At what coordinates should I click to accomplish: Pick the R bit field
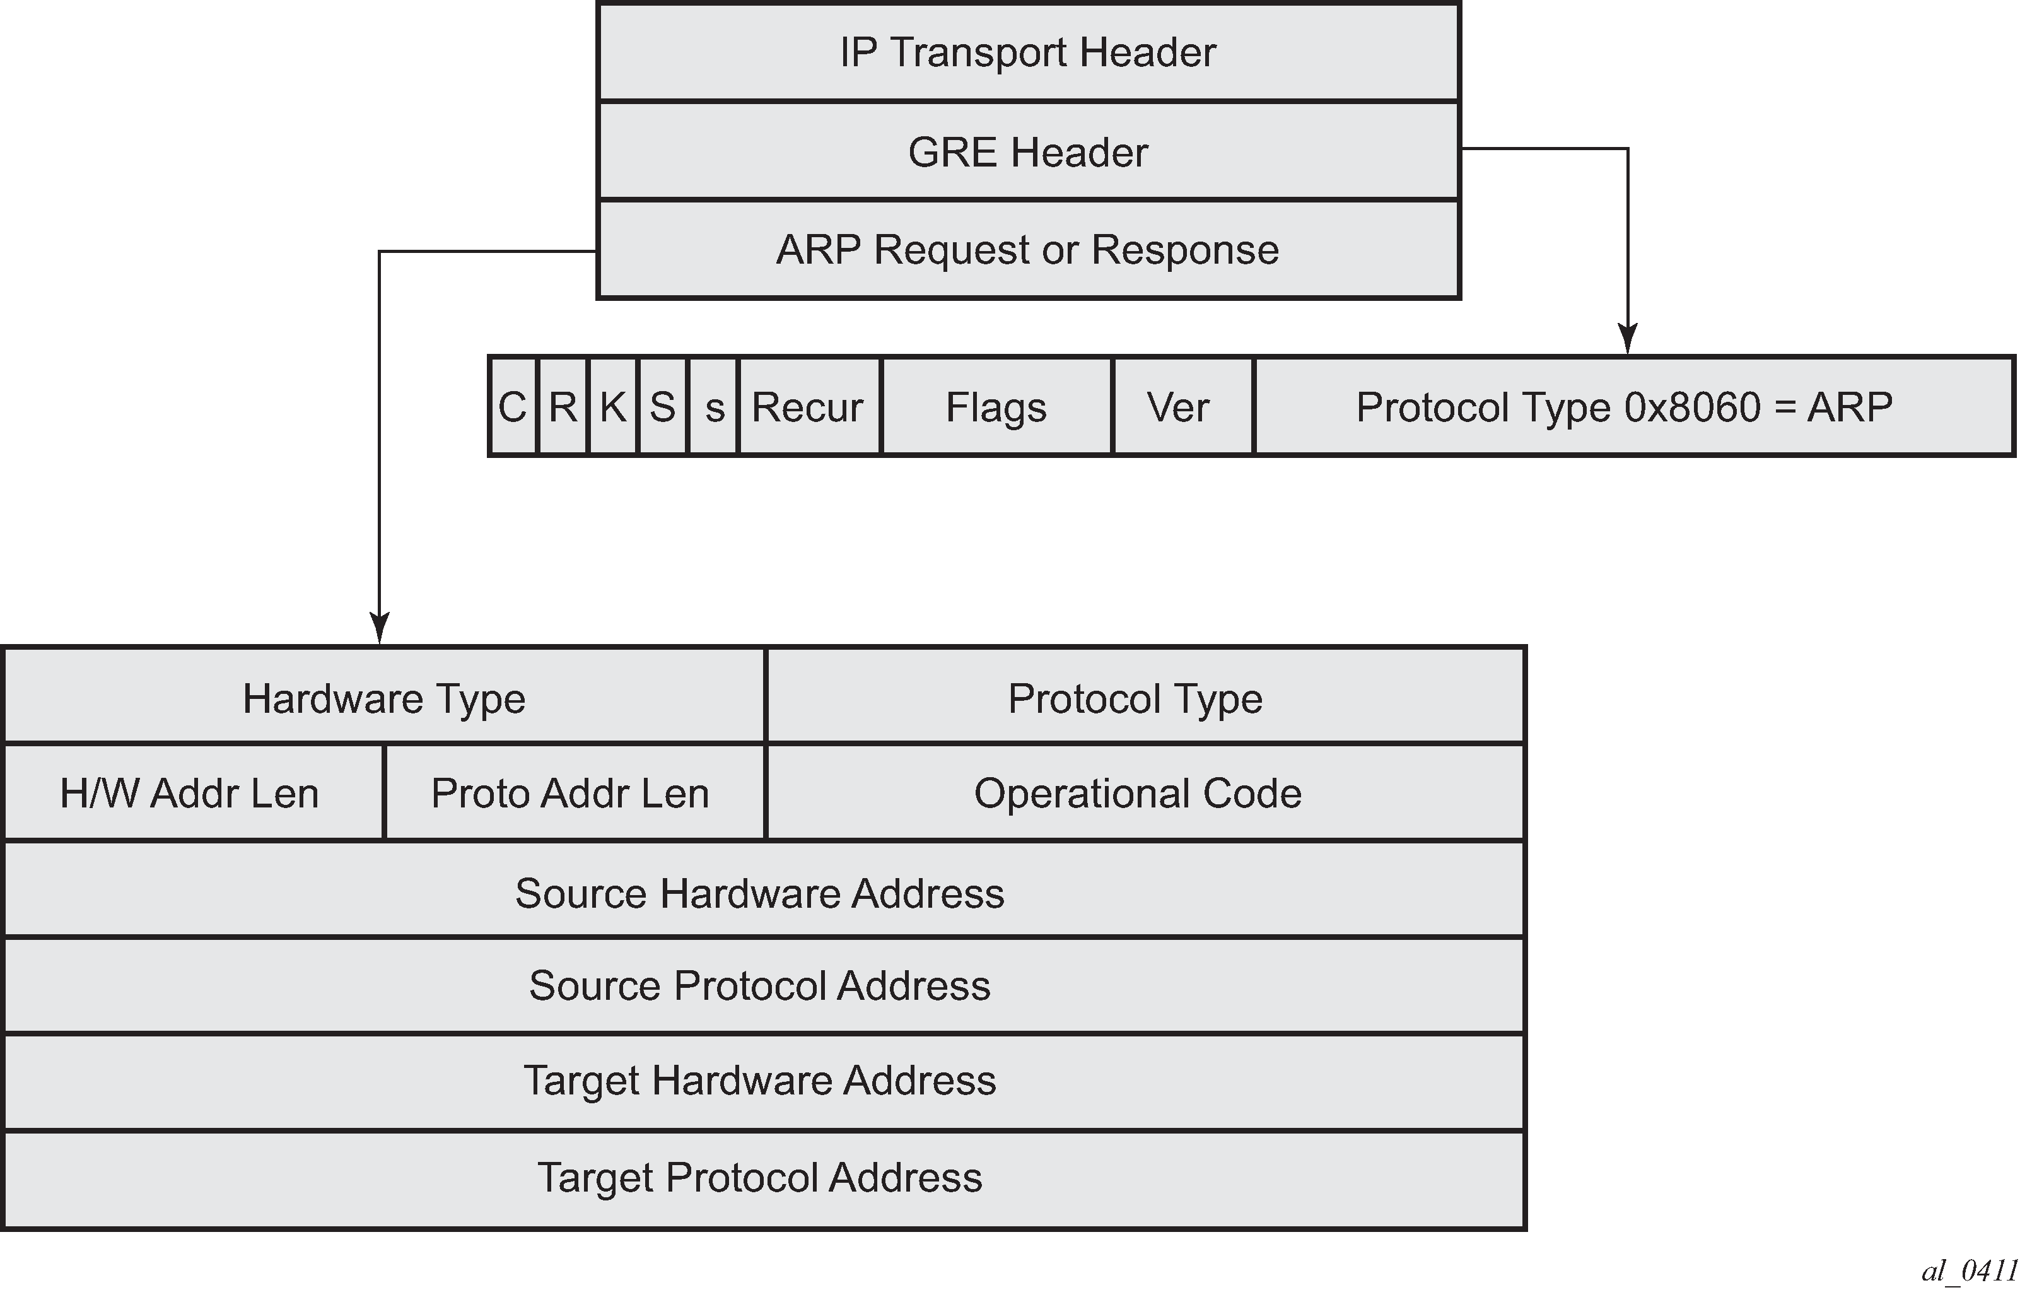563,407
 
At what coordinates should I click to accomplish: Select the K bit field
613,407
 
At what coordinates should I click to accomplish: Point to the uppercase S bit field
663,407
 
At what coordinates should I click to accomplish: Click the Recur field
808,407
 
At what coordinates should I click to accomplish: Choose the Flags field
996,407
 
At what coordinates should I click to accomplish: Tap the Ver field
1179,407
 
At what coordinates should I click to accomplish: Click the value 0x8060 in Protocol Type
1691,407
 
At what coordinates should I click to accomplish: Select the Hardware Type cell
384,698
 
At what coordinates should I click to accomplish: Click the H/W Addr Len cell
190,793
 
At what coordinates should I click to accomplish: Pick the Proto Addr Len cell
571,793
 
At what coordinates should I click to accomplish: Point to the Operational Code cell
1138,793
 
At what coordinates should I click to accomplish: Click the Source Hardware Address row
760,893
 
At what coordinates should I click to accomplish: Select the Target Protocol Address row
760,1178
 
